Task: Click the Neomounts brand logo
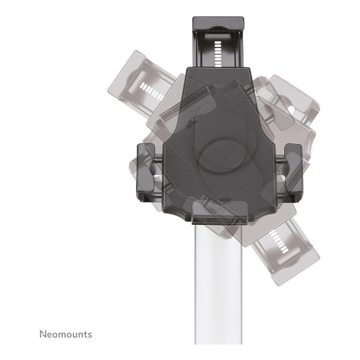coord(66,334)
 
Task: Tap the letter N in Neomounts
coord(43,334)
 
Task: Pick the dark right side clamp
coord(293,169)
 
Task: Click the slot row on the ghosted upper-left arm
coord(152,92)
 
